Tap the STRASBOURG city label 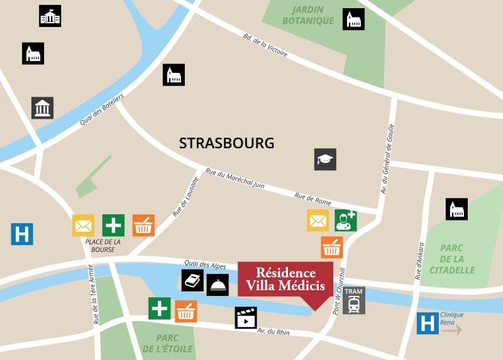227,143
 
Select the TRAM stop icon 354,300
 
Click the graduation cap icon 325,160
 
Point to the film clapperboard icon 246,318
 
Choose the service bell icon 218,285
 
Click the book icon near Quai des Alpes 192,280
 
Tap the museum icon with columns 43,108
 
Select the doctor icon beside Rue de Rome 345,220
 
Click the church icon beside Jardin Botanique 353,19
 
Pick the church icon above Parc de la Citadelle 456,209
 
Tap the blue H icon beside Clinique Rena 428,324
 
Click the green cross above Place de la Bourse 113,225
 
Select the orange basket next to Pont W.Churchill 331,247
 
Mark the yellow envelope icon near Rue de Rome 318,220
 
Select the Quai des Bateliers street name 102,110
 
